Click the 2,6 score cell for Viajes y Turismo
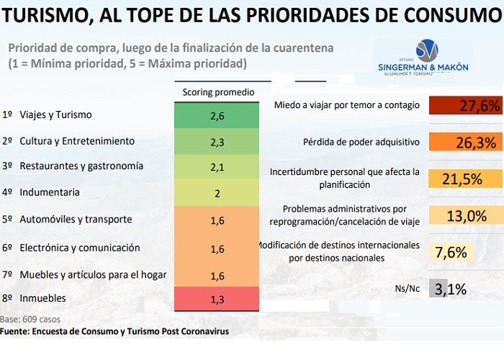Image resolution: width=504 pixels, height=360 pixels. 218,115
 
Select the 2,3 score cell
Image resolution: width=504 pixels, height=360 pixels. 218,143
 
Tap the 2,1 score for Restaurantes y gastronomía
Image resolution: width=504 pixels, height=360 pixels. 218,168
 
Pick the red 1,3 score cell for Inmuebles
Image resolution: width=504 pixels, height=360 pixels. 218,299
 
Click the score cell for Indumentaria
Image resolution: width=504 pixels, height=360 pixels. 218,194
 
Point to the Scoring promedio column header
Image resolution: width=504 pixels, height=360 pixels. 218,92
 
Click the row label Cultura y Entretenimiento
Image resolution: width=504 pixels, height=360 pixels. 76,140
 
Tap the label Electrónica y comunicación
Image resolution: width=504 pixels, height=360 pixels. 79,248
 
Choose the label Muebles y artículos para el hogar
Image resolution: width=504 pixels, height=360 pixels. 93,274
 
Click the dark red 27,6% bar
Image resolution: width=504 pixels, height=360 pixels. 464,106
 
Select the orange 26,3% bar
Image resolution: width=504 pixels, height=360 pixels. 464,142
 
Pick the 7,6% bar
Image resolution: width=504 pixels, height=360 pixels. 451,252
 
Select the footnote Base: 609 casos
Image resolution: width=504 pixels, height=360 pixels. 31,319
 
